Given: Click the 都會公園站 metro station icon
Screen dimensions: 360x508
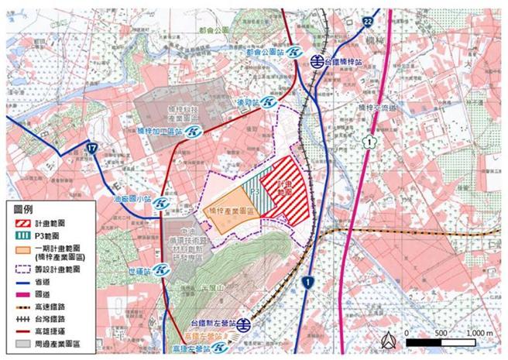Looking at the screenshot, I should click(294, 53).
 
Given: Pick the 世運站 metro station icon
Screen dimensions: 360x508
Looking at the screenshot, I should click(160, 271).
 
